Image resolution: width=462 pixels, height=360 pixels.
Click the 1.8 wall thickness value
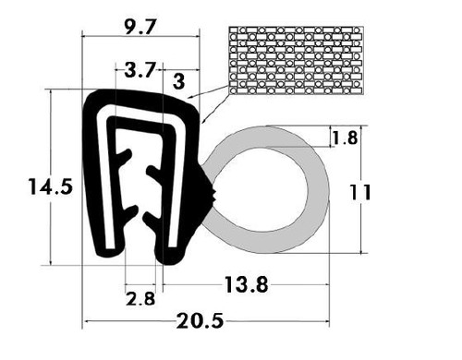[x=344, y=138]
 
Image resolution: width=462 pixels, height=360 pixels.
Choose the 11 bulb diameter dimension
[x=361, y=192]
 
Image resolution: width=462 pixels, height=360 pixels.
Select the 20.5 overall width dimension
[x=201, y=321]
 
